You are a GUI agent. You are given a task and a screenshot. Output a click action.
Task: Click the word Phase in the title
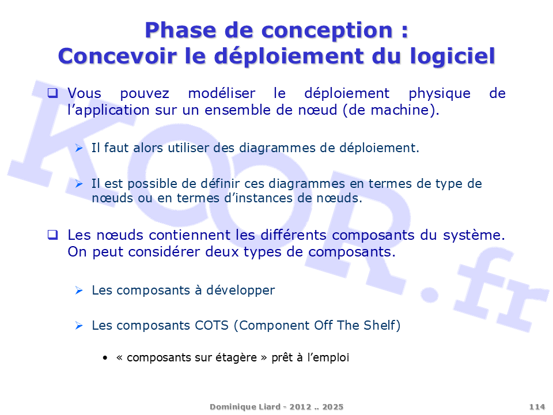(x=180, y=31)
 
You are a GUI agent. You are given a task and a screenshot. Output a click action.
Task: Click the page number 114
(x=537, y=407)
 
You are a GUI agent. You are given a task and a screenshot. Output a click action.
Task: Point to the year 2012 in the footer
(x=301, y=407)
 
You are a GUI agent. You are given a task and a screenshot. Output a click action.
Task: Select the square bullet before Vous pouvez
(x=53, y=93)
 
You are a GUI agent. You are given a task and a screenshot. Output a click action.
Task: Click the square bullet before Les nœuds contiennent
(x=53, y=235)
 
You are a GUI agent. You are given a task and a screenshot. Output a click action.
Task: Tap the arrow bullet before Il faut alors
(x=79, y=148)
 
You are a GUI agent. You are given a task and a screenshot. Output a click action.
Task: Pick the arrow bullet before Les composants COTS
(x=79, y=325)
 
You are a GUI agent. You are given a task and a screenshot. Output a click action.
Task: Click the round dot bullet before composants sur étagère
(x=105, y=358)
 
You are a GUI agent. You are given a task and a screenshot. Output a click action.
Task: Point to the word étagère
(x=236, y=358)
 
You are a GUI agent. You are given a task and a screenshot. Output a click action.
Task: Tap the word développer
(x=241, y=290)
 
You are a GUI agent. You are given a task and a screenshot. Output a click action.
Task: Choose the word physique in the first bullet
(x=440, y=94)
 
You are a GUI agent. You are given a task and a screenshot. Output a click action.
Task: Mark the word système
(x=472, y=235)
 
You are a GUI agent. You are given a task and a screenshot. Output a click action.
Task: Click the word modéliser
(x=221, y=93)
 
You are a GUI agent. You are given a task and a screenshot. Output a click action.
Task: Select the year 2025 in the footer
(x=332, y=407)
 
